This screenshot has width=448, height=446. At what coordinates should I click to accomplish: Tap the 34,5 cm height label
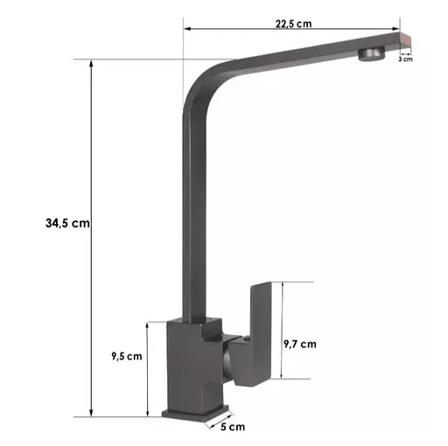tap(68, 223)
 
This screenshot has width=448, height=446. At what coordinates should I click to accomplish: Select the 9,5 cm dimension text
tap(126, 356)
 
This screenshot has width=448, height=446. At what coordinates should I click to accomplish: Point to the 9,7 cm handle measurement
tap(301, 344)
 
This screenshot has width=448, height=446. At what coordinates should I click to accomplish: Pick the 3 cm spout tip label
tap(405, 59)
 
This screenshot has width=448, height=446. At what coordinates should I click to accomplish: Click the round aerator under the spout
tap(371, 54)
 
